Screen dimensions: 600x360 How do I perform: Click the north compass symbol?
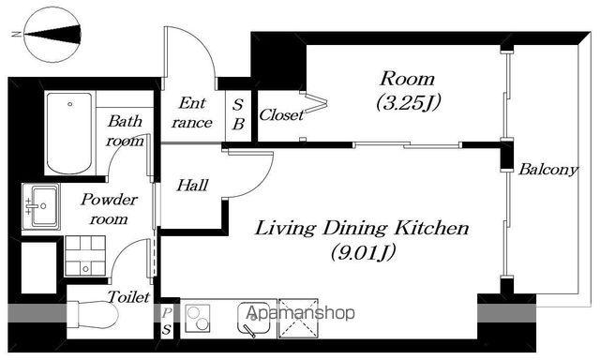pos(52,35)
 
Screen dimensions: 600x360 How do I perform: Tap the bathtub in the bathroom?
pos(69,133)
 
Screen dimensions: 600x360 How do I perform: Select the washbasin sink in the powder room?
pos(41,206)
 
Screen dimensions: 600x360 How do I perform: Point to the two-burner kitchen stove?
pos(198,318)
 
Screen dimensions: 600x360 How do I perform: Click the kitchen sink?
pos(252,320)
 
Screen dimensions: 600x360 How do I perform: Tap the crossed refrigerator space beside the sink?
pos(298,319)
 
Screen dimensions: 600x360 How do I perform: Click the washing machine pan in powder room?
pos(85,256)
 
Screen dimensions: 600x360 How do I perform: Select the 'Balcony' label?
pos(547,170)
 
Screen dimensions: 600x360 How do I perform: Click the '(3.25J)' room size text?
pos(409,102)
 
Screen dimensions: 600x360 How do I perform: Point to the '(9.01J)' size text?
pos(363,252)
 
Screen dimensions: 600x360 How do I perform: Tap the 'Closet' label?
pos(281,114)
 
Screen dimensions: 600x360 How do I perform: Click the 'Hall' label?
pos(192,186)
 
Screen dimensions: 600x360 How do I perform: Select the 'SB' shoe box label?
pos(238,114)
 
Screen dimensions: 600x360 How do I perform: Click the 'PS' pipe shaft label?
pos(166,322)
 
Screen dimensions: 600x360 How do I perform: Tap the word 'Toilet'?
pos(128,297)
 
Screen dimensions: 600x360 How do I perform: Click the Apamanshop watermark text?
pos(300,313)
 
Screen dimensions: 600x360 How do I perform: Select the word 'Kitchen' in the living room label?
pos(432,228)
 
